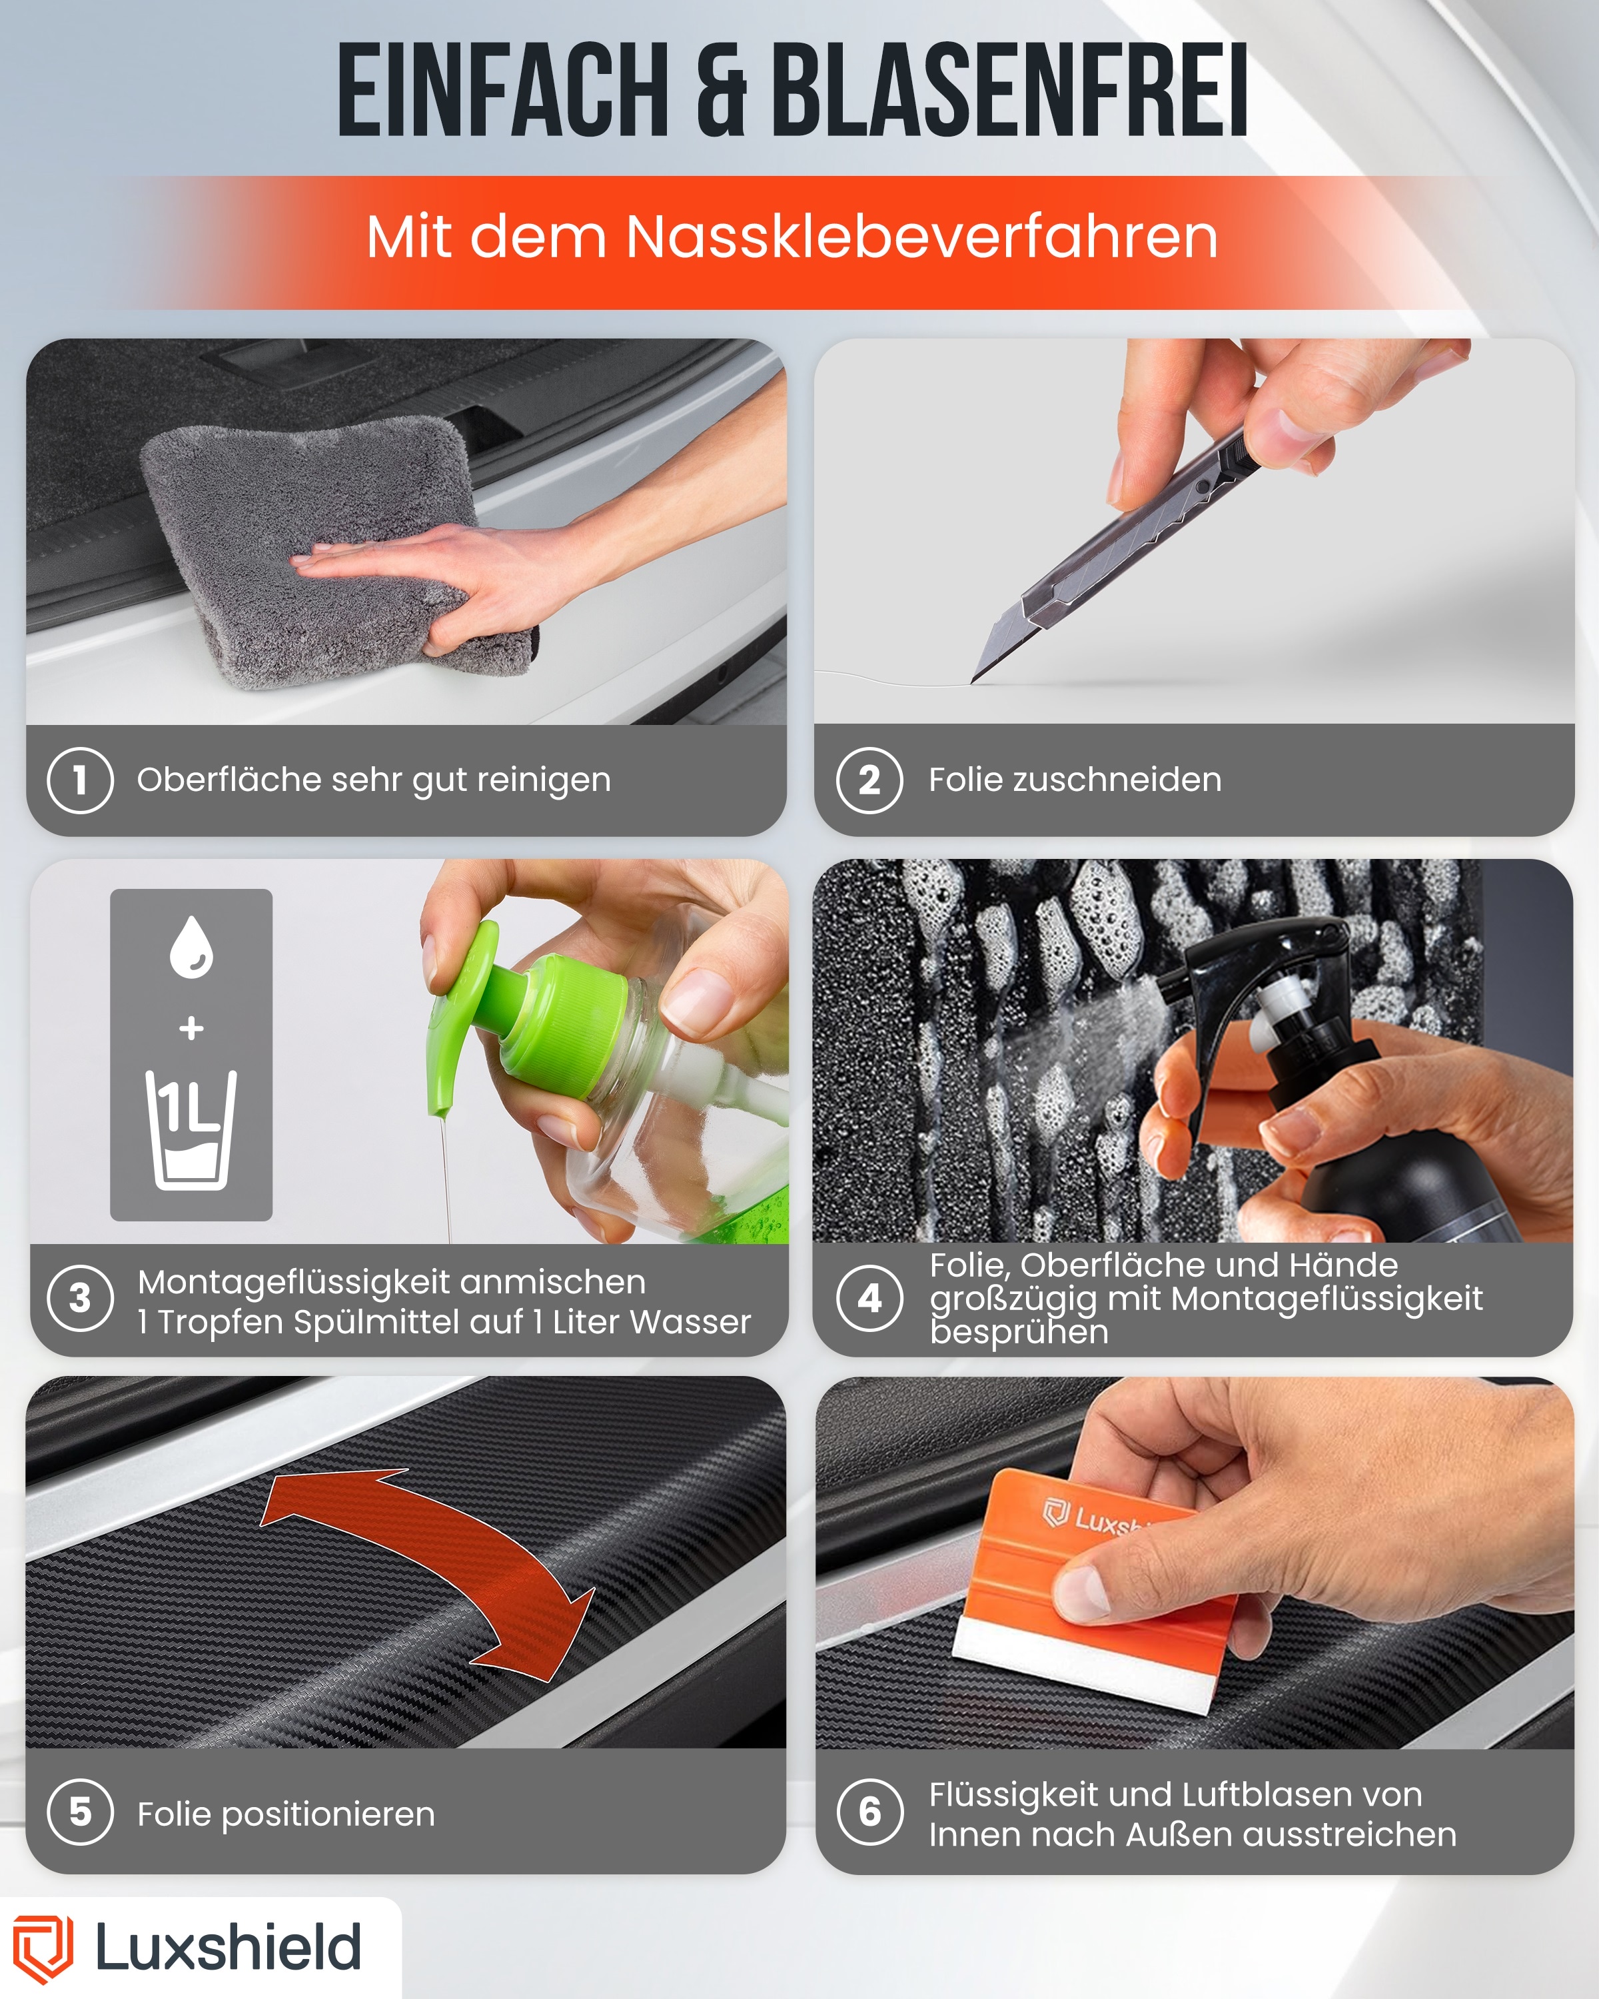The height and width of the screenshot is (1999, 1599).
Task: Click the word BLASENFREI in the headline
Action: [x=1009, y=91]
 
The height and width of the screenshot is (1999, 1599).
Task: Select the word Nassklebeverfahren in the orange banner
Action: [x=921, y=237]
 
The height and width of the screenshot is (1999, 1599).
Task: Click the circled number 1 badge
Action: [x=81, y=780]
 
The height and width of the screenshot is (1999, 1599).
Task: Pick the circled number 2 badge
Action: [x=869, y=780]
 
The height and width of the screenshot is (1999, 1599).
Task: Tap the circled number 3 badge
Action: [x=81, y=1298]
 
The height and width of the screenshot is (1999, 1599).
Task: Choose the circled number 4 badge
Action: [x=869, y=1298]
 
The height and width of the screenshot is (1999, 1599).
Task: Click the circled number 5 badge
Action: [x=81, y=1812]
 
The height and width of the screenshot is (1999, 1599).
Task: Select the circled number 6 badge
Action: [x=869, y=1812]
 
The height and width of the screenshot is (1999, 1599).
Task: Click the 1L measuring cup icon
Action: [x=191, y=1129]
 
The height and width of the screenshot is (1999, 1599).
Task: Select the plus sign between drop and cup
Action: [x=191, y=1027]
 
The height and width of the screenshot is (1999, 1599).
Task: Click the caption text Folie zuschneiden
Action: [x=1075, y=780]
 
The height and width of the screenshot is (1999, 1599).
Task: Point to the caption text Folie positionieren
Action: [x=286, y=1814]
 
